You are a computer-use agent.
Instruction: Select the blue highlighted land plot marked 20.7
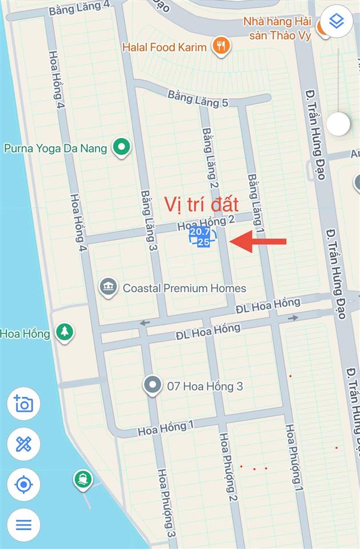200,237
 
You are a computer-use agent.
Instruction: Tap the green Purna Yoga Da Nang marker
121,148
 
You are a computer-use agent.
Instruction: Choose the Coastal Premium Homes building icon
108,288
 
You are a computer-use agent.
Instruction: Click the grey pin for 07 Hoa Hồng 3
152,386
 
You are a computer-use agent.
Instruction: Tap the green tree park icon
65,332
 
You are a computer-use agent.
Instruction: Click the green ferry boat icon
83,479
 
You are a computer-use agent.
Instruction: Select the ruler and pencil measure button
23,444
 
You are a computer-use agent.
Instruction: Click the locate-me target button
23,484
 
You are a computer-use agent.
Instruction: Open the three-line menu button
23,524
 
